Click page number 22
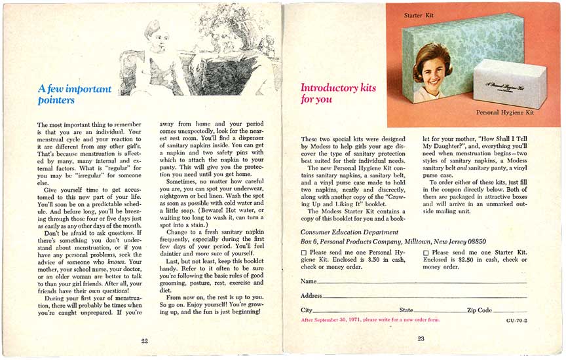point(144,340)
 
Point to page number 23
point(421,338)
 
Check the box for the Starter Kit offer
point(426,253)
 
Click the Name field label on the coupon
point(309,281)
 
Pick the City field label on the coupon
point(307,310)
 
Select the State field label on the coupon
point(406,310)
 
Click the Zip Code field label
point(479,310)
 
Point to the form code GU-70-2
point(516,321)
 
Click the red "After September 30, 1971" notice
point(370,320)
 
